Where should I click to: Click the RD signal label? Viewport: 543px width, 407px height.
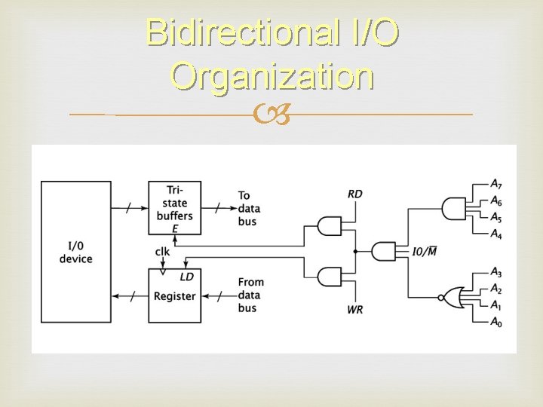(354, 194)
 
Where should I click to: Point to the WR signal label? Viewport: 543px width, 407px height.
(354, 310)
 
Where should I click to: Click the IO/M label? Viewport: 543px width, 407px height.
(425, 251)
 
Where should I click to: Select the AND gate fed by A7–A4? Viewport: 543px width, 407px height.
(454, 208)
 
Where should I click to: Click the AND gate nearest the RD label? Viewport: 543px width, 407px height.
(330, 225)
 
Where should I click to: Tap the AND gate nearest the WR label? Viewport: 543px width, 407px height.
(330, 276)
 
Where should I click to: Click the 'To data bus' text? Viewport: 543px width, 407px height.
(248, 208)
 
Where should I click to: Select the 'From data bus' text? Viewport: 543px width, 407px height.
(250, 295)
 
